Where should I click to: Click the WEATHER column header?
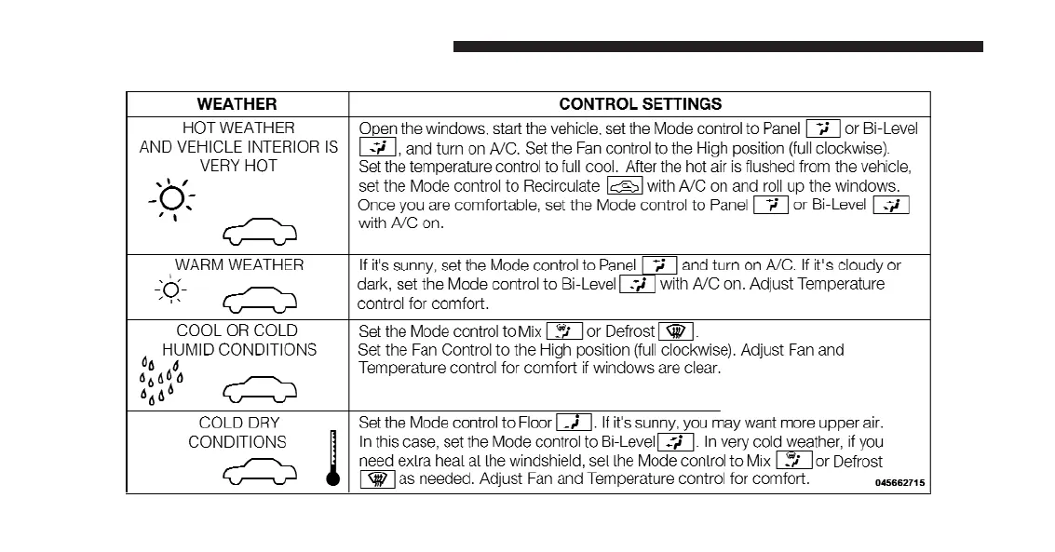[x=237, y=104]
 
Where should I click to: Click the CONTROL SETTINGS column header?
[x=640, y=104]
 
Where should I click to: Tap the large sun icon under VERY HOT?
[x=171, y=199]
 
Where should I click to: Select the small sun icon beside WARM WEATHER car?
[x=170, y=290]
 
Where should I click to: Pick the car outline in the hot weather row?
[x=260, y=233]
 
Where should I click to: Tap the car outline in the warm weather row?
[x=260, y=299]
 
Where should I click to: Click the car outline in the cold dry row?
[x=260, y=473]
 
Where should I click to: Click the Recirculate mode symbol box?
[x=625, y=186]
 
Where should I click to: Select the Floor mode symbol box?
[x=574, y=423]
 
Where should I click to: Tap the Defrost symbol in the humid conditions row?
[x=676, y=331]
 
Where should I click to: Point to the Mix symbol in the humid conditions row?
[x=563, y=331]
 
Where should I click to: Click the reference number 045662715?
[x=899, y=483]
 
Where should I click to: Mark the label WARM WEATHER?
[x=238, y=264]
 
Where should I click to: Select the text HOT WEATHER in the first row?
[x=238, y=128]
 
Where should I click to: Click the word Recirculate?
[x=561, y=186]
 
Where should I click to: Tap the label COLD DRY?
[x=238, y=423]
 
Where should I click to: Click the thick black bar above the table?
[x=718, y=47]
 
